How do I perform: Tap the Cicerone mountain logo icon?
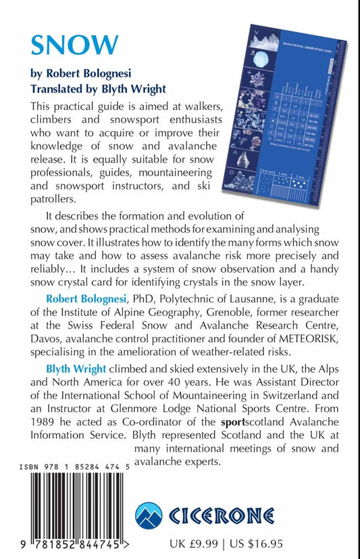point(153,518)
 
